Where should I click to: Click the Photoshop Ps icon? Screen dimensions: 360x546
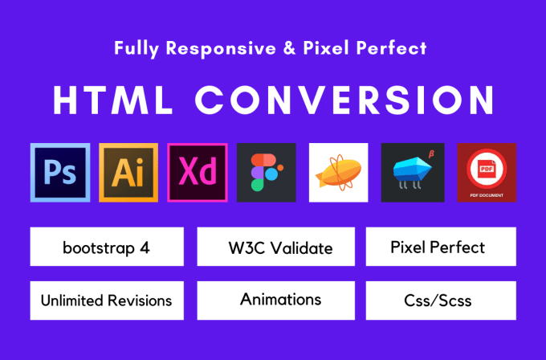(59, 172)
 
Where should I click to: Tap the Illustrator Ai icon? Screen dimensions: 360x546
(128, 172)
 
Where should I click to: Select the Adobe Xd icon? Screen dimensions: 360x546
(198, 172)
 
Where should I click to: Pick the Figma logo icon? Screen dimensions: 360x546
(267, 172)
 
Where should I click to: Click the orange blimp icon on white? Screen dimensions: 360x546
(338, 172)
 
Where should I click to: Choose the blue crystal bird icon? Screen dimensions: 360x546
(411, 172)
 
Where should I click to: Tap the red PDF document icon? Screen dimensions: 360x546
(487, 172)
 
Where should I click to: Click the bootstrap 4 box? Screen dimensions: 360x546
(107, 247)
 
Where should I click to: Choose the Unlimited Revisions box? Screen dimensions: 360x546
(107, 301)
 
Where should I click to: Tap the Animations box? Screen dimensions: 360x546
(280, 300)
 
